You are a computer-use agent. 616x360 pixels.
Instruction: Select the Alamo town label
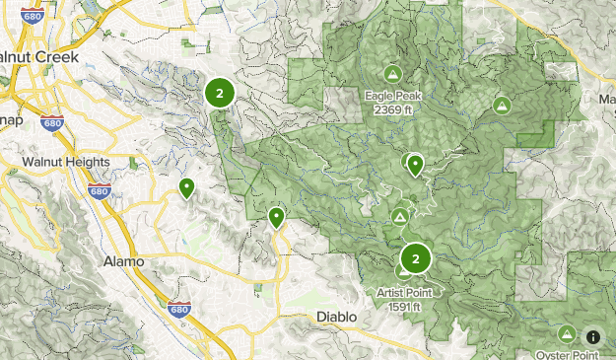[123, 261]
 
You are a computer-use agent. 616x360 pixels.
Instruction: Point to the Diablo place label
[334, 317]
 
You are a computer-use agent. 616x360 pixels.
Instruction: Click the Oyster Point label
[566, 354]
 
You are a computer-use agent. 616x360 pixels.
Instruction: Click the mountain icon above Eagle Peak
[393, 74]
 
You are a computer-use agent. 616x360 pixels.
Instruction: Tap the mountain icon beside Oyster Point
[568, 335]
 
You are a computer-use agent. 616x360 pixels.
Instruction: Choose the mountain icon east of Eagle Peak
[502, 105]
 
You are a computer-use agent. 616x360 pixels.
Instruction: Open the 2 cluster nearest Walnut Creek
[219, 93]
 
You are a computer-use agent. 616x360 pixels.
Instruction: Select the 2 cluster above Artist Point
[417, 258]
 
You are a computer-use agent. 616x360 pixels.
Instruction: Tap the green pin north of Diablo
[277, 216]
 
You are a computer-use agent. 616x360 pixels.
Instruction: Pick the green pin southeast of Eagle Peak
[416, 164]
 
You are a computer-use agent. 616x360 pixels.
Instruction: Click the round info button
[593, 336]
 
